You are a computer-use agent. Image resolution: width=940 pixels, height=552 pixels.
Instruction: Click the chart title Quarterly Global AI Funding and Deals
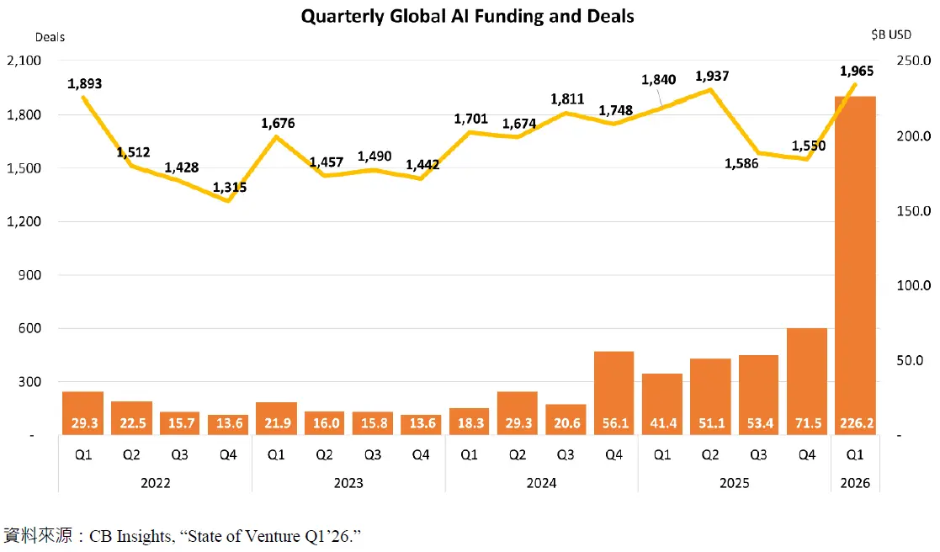point(470,15)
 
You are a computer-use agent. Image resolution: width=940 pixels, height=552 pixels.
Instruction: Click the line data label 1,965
point(858,72)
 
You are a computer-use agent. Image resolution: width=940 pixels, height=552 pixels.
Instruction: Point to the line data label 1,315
point(230,188)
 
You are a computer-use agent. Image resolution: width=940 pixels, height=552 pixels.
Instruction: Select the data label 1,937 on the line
point(711,76)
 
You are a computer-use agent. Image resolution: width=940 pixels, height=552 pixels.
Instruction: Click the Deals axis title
point(50,37)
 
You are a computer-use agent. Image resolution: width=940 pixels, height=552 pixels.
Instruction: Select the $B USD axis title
point(891,34)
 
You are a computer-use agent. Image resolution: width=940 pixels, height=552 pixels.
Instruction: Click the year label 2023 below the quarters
point(348,483)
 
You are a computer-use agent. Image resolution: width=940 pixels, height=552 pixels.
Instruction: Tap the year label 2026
point(854,483)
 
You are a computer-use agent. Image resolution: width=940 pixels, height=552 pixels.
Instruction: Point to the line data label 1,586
point(741,163)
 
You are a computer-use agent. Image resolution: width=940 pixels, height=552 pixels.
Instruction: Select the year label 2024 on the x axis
point(541,483)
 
